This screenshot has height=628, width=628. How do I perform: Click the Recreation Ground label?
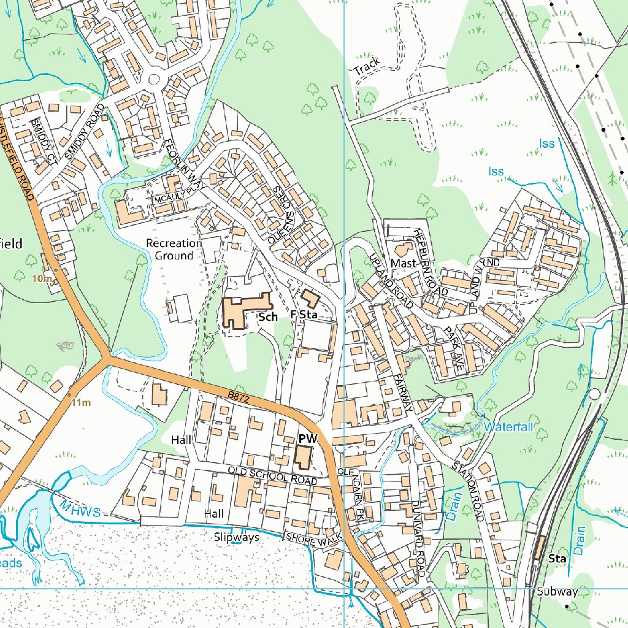point(174,250)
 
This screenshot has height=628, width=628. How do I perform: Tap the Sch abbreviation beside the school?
point(268,316)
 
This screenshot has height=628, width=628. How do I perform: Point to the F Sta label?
point(304,315)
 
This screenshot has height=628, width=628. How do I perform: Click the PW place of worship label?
point(307,438)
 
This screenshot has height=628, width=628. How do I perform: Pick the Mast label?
point(404,263)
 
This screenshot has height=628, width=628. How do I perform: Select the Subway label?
point(557,592)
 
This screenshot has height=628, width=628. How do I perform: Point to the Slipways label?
point(237,537)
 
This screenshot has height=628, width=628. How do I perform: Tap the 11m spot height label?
point(80,403)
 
